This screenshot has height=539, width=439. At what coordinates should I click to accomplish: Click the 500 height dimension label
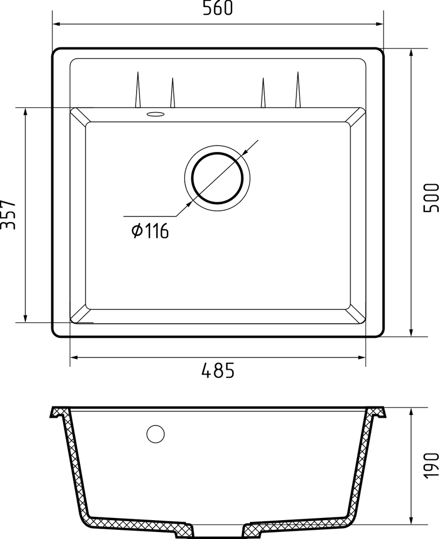pos(430,197)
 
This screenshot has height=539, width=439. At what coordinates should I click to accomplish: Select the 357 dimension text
pos(9,215)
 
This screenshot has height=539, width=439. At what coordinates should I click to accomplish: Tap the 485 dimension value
pos(218,371)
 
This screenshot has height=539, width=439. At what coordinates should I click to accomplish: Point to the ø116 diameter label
pos(150,231)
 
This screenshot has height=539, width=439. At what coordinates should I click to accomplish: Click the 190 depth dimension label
pos(430,464)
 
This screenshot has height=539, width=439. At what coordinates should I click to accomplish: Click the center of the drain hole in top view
pos(218,177)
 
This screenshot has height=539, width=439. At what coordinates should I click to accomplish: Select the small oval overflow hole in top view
pos(156,114)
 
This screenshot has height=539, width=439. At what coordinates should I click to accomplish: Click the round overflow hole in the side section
pos(156,433)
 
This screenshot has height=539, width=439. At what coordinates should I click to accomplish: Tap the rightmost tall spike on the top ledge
pos(298,89)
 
